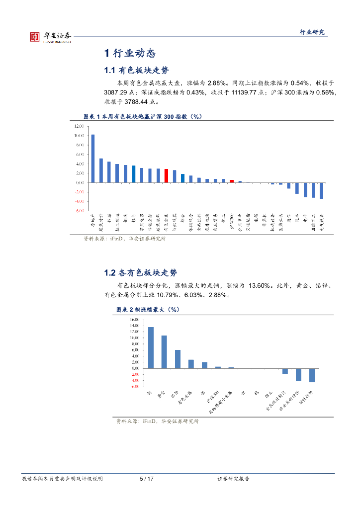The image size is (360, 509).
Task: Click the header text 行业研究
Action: (x=312, y=32)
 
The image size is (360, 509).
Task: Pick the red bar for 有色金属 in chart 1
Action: (x=166, y=175)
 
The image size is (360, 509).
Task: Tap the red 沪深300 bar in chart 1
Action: (x=231, y=181)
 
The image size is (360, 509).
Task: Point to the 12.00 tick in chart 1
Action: (x=79, y=126)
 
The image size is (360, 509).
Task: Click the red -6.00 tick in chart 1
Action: (x=79, y=211)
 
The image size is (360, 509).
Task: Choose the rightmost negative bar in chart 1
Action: (x=321, y=190)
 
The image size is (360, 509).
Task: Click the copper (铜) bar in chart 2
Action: (x=151, y=347)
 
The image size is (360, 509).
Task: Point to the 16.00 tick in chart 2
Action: (x=135, y=319)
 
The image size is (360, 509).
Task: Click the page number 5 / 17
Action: (x=147, y=479)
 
